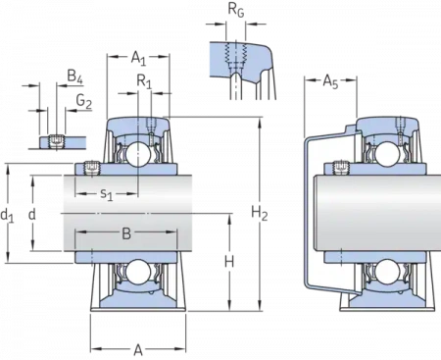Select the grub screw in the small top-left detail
pos(57,139)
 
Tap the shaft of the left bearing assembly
pos(118,212)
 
